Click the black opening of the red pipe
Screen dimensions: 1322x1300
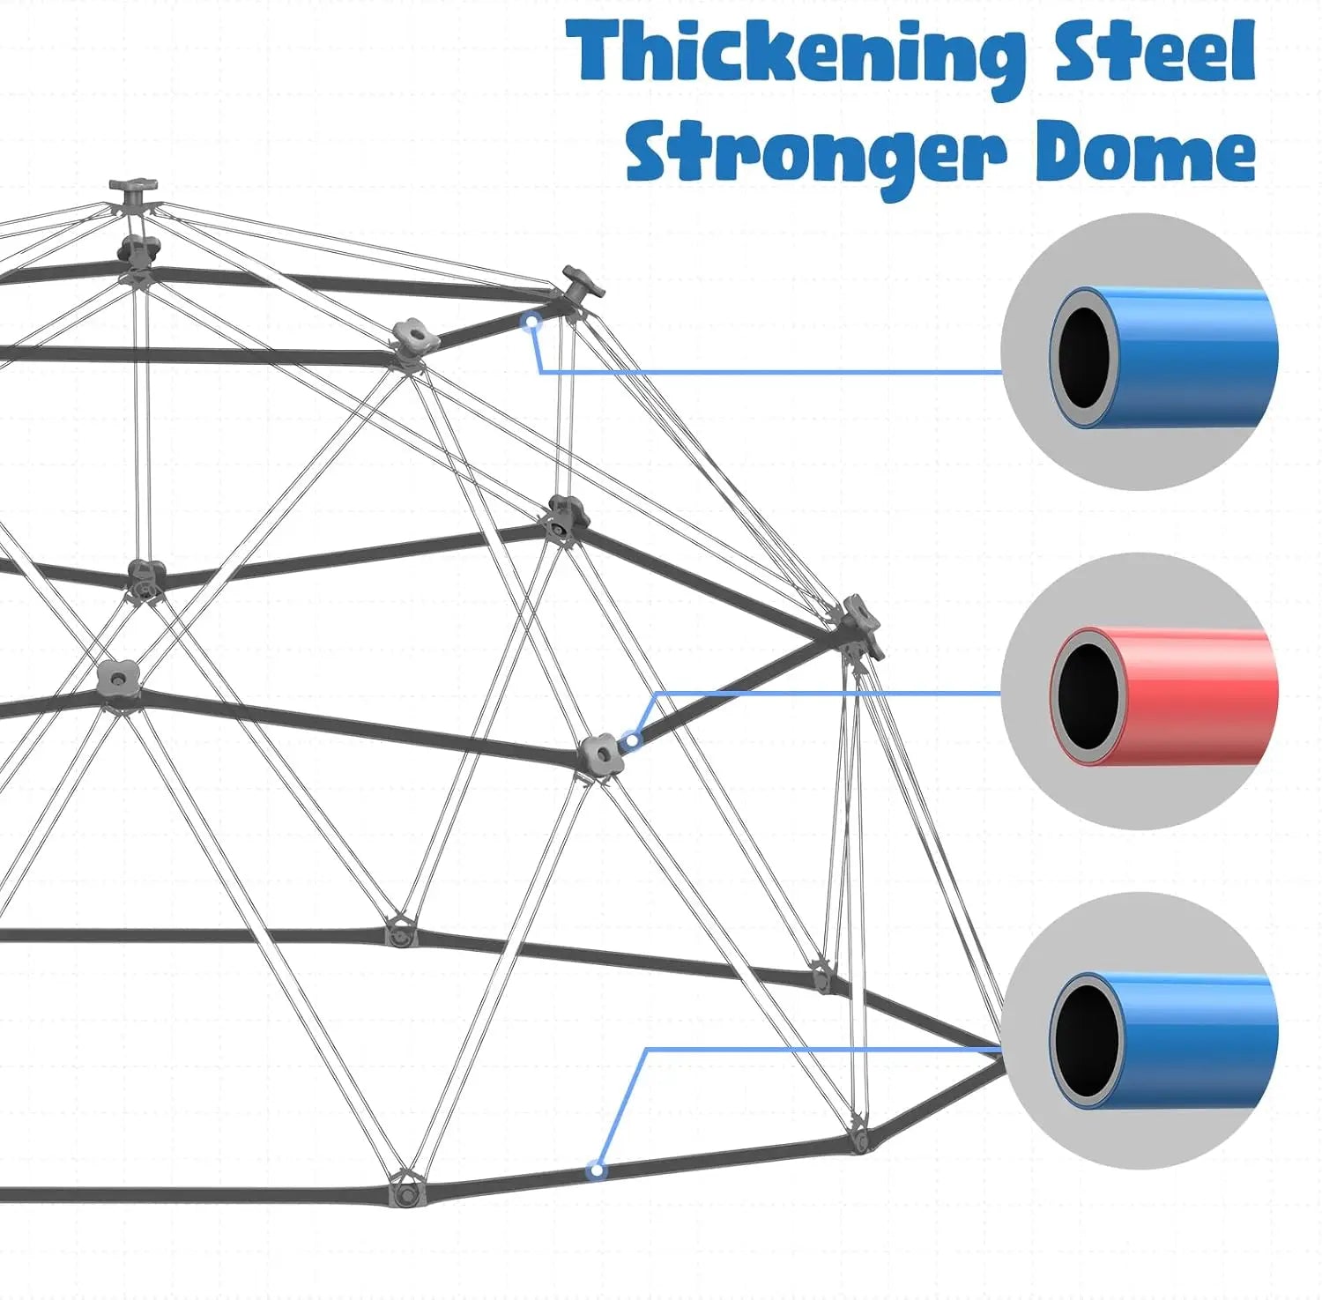tap(1089, 696)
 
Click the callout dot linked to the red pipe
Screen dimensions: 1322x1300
tap(631, 739)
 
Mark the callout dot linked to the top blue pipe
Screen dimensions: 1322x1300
tap(531, 323)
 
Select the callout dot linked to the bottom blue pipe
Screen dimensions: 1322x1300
tap(598, 1170)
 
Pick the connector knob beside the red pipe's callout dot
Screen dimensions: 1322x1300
tap(602, 754)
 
